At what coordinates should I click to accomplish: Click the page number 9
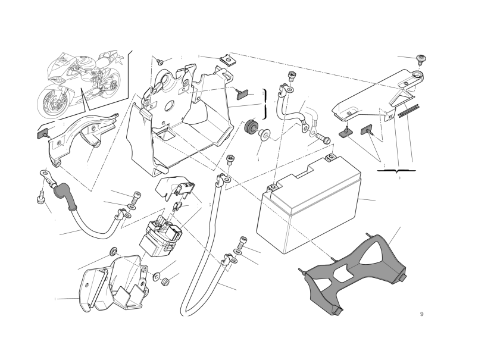click(421, 314)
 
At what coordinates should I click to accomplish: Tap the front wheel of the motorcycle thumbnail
click(52, 101)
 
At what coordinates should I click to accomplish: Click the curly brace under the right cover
click(396, 171)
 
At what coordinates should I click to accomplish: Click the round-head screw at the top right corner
click(421, 59)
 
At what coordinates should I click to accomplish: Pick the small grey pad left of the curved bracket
click(42, 133)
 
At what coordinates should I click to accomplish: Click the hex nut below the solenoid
click(165, 281)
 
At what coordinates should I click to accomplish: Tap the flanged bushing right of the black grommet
click(263, 134)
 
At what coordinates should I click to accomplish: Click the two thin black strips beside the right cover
click(409, 111)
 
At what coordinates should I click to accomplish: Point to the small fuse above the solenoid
click(177, 208)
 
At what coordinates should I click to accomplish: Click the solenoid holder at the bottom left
click(114, 284)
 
